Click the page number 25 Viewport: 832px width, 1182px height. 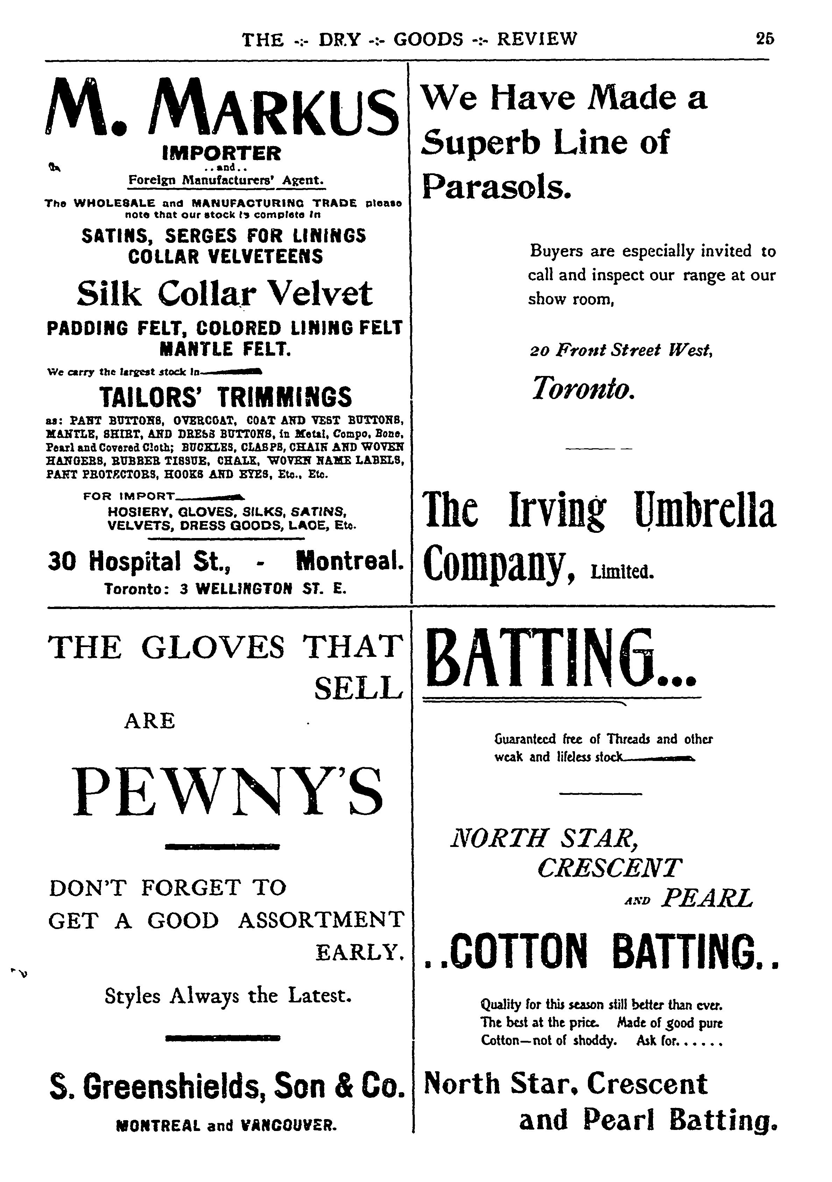click(x=765, y=39)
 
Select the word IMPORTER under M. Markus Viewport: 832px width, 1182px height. click(x=221, y=153)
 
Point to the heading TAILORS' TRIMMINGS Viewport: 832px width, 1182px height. click(x=226, y=397)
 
